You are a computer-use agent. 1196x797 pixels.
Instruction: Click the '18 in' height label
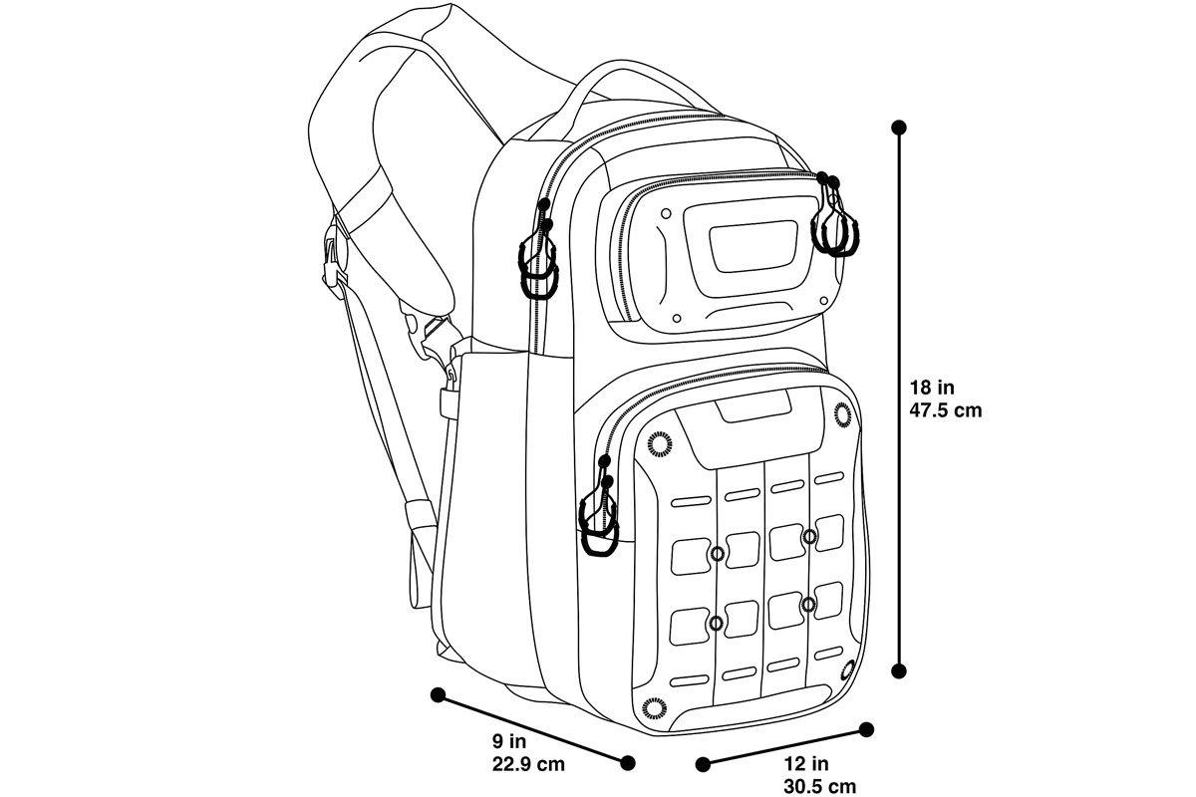point(932,387)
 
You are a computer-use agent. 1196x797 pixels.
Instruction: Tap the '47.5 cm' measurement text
point(946,410)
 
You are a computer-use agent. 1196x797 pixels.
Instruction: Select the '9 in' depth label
point(509,741)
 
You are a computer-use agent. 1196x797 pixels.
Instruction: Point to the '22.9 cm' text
point(528,764)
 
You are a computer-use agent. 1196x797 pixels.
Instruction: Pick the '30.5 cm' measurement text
point(819,787)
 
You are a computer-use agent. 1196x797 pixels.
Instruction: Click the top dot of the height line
point(899,128)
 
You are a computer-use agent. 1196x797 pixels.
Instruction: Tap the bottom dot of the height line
point(899,671)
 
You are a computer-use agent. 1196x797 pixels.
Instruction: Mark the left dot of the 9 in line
point(438,694)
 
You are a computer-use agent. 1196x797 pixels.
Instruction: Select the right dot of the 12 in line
point(866,729)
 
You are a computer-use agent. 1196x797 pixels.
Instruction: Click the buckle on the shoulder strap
point(334,263)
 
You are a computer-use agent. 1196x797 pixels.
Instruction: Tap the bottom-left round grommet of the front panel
point(654,708)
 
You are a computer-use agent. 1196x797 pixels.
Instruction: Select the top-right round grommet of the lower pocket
point(843,414)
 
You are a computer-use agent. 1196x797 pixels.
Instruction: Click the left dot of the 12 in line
point(704,764)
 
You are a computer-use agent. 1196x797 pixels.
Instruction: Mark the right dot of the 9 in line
point(628,763)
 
